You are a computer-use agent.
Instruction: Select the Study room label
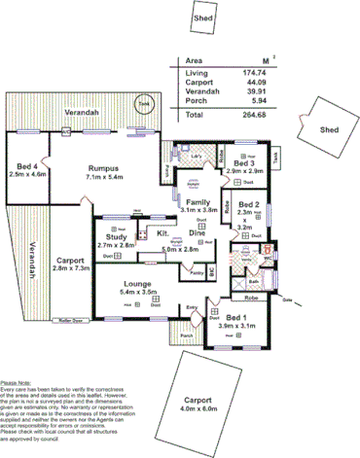[115, 238]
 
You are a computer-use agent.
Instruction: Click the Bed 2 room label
[250, 205]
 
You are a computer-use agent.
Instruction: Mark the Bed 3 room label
[245, 164]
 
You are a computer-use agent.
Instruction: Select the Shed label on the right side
[329, 129]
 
